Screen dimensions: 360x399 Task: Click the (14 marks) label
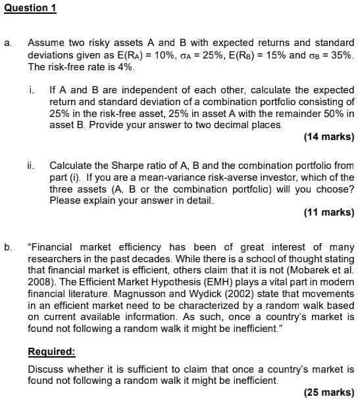tap(329, 137)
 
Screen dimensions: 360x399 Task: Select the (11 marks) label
tap(329, 212)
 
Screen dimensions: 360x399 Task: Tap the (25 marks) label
tap(329, 392)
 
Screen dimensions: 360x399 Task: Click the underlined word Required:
tap(52, 352)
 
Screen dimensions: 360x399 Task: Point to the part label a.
tap(7, 43)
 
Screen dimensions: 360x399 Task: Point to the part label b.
tap(7, 247)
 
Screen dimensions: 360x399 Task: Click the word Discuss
tap(46, 369)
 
